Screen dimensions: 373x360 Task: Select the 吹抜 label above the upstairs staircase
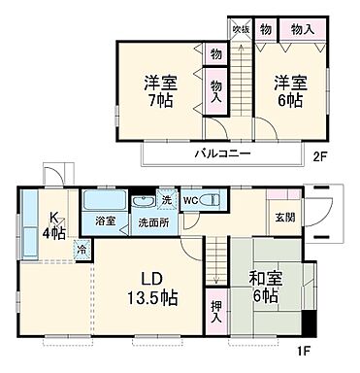(x=238, y=29)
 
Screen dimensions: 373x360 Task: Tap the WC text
(x=191, y=201)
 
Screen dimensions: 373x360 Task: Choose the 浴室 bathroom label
(x=105, y=221)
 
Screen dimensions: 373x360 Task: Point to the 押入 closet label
(x=215, y=311)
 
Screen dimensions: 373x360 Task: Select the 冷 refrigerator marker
(x=81, y=248)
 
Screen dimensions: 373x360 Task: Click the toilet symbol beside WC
(x=213, y=201)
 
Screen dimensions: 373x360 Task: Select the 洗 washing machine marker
(x=167, y=199)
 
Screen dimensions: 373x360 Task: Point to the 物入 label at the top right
(x=303, y=29)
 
